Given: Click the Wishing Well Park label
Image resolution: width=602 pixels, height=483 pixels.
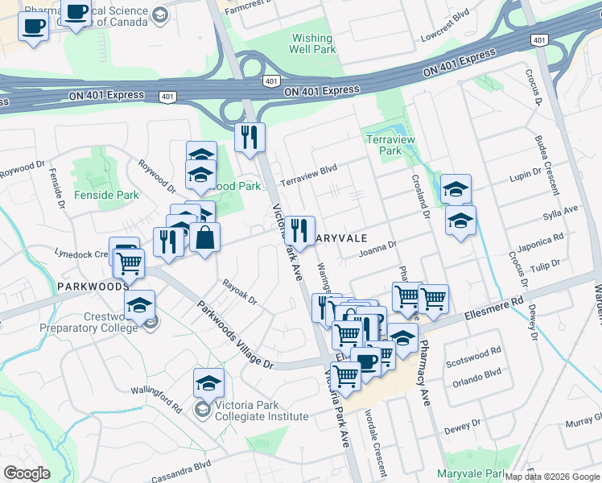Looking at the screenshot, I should point(313,43).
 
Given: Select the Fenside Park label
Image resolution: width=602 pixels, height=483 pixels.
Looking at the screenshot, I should point(106,195).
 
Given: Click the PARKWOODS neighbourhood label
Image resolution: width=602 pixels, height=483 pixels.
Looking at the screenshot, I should point(93,287).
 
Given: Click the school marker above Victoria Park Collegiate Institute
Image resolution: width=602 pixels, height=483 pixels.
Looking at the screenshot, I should point(208,384).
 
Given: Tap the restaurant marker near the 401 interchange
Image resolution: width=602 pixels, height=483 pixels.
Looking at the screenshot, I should point(249,137).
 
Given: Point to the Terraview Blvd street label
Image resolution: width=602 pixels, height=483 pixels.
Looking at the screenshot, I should point(307,175).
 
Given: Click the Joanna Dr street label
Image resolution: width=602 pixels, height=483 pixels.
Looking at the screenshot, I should point(378,250).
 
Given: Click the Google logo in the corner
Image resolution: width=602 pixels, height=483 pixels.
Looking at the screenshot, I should point(27,473).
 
